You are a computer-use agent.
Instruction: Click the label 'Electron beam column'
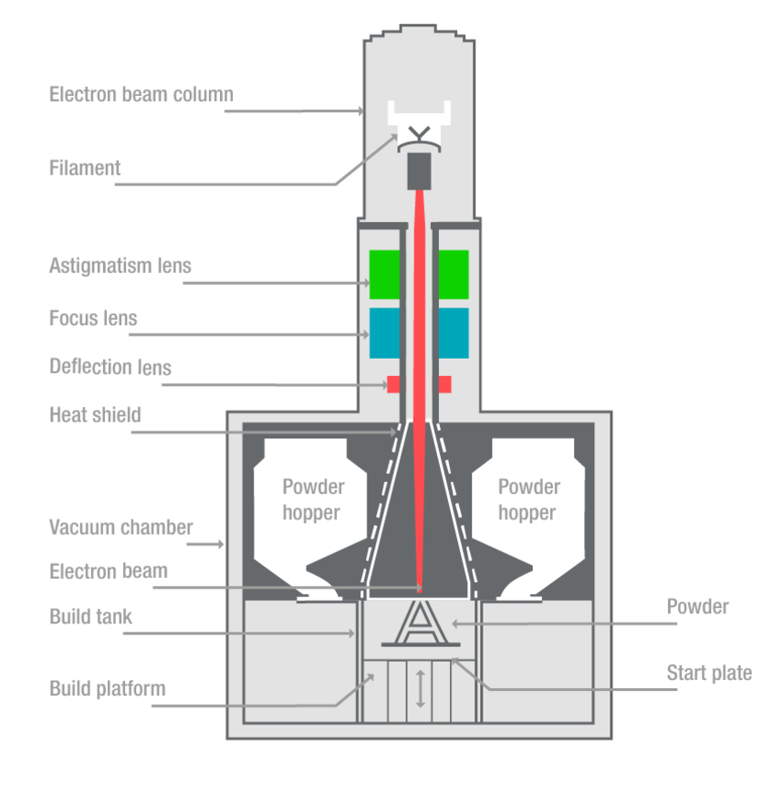click(x=141, y=94)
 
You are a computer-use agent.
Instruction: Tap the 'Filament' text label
click(x=85, y=168)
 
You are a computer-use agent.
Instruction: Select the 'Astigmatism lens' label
click(x=120, y=267)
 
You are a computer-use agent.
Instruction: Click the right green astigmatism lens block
click(x=454, y=274)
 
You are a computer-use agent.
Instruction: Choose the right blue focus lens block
click(x=454, y=332)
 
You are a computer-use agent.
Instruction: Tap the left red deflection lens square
click(x=393, y=384)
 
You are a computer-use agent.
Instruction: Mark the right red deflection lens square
click(x=445, y=384)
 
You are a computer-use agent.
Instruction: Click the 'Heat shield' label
click(x=95, y=415)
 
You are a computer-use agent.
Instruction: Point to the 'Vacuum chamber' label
click(x=121, y=528)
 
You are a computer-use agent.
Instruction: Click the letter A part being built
click(x=419, y=623)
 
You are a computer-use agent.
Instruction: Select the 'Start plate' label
click(x=709, y=673)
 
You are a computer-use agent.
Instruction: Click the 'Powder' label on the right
click(x=697, y=606)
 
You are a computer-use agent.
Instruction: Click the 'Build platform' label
click(x=108, y=687)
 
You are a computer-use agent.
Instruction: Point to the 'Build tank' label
click(x=90, y=616)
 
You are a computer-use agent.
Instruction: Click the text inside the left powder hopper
click(x=313, y=500)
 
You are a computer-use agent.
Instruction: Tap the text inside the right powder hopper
click(x=528, y=500)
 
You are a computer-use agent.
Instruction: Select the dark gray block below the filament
click(x=419, y=169)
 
